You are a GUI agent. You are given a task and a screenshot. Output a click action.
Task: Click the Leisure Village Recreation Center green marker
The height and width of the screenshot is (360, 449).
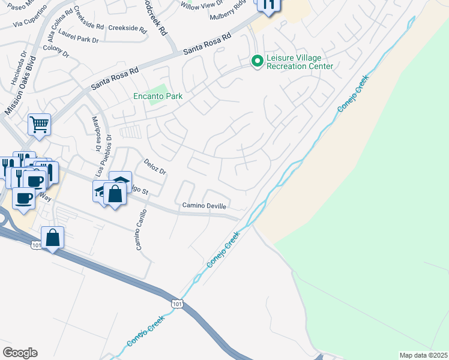click(257, 61)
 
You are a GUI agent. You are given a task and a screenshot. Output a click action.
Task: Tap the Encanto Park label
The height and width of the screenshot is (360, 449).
click(158, 96)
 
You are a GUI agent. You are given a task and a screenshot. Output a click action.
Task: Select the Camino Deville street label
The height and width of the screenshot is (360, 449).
click(205, 206)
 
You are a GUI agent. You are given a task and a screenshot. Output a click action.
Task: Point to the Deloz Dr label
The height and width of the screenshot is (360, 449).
click(154, 166)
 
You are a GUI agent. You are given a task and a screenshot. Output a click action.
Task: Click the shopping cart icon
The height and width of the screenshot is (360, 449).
click(39, 125)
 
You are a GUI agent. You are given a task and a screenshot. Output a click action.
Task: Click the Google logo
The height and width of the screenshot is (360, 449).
click(20, 353)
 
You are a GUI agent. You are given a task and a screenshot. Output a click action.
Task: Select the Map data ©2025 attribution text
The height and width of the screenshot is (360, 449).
click(423, 355)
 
